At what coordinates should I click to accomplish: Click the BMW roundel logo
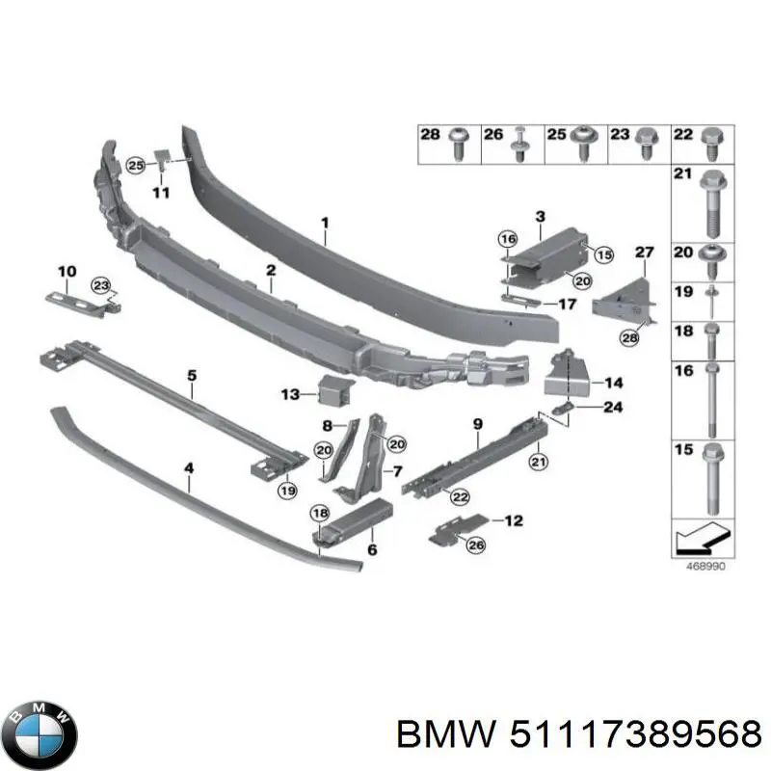(x=40, y=730)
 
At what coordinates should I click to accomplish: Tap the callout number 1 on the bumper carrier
(x=325, y=223)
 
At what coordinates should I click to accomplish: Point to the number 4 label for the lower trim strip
(x=189, y=469)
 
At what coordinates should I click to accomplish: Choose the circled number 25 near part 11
(x=136, y=166)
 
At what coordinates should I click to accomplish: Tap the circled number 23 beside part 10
(x=101, y=283)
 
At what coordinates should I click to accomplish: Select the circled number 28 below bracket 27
(x=630, y=336)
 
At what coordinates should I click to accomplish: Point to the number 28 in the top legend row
(x=431, y=135)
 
